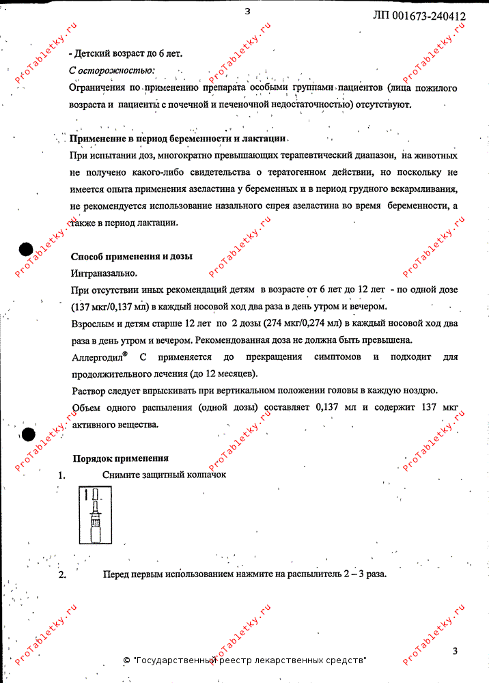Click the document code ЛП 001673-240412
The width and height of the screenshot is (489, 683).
click(419, 16)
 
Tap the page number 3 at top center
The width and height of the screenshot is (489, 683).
click(248, 11)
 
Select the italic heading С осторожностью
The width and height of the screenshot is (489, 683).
click(112, 70)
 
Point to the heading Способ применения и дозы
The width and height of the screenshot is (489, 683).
click(132, 256)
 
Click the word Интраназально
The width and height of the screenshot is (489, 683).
click(99, 273)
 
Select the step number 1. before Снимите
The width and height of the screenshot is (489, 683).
click(61, 475)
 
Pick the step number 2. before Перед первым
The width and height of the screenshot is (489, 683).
click(61, 574)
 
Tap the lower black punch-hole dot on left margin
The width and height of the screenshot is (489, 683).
click(28, 434)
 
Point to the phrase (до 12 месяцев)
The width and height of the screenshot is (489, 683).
click(223, 374)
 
